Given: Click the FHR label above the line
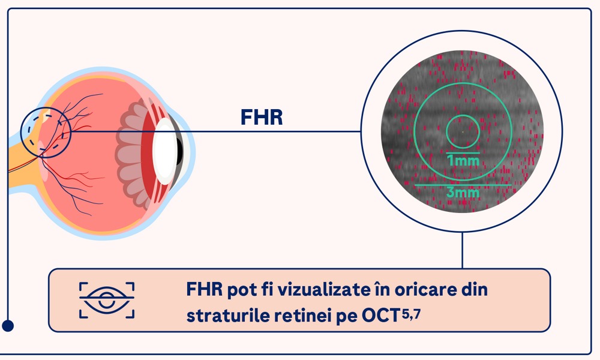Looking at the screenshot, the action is [262, 118].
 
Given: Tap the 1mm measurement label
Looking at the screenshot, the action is [463, 160].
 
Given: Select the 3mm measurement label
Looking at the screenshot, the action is [463, 192].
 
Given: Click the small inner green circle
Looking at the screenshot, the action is [463, 115].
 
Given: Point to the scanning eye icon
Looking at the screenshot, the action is [107, 301].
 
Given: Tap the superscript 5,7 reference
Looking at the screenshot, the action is [412, 314].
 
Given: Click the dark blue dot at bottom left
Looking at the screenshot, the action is [8, 326].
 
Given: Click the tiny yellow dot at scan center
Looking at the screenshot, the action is [463, 132].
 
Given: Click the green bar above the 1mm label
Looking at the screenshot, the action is [463, 153].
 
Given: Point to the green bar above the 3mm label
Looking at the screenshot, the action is [463, 185].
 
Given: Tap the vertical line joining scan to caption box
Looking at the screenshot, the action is [462, 250].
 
